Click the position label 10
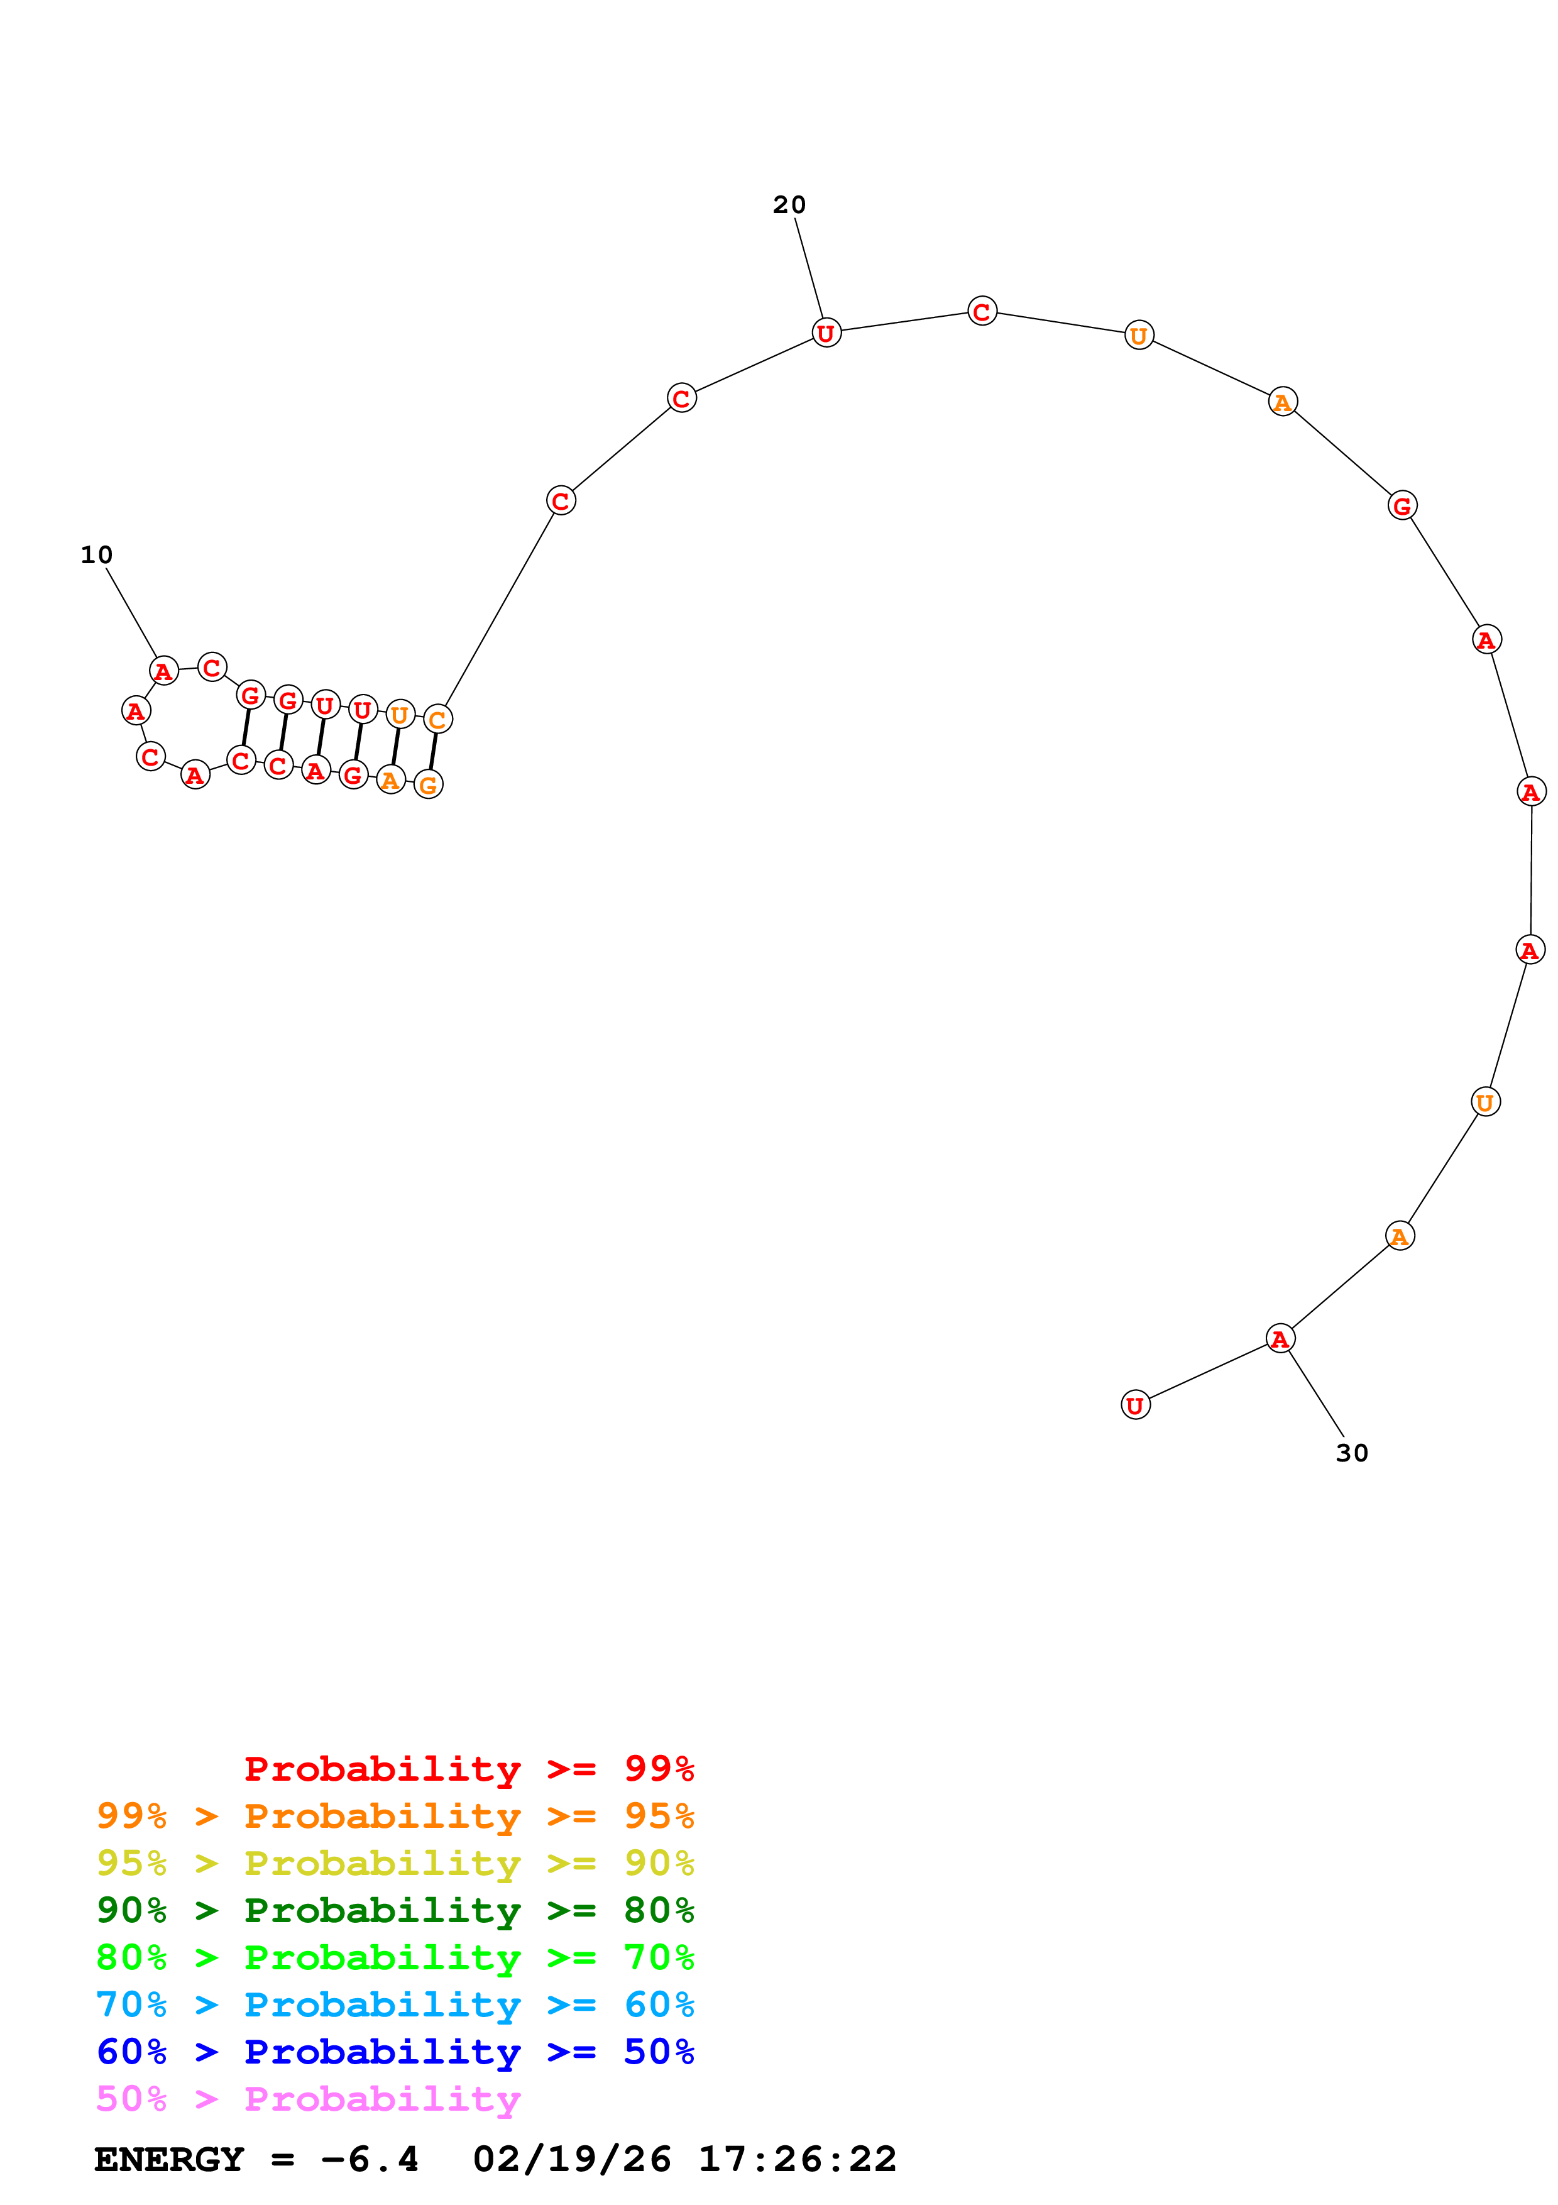pyautogui.click(x=96, y=555)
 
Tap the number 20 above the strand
pyautogui.click(x=789, y=204)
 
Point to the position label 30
pyautogui.click(x=1352, y=1453)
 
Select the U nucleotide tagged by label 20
pyautogui.click(x=826, y=333)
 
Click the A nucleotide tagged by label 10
pyautogui.click(x=164, y=671)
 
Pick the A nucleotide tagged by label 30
pyautogui.click(x=1280, y=1339)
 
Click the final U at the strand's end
pyautogui.click(x=1136, y=1405)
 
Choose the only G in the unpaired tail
pyautogui.click(x=1403, y=505)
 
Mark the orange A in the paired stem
pyautogui.click(x=391, y=780)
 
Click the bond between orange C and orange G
pyautogui.click(x=433, y=752)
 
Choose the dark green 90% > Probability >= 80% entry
pyautogui.click(x=395, y=1910)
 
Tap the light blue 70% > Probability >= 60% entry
pyautogui.click(x=395, y=2004)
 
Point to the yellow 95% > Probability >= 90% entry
pyautogui.click(x=395, y=1863)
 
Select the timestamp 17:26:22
pyautogui.click(x=797, y=2159)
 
